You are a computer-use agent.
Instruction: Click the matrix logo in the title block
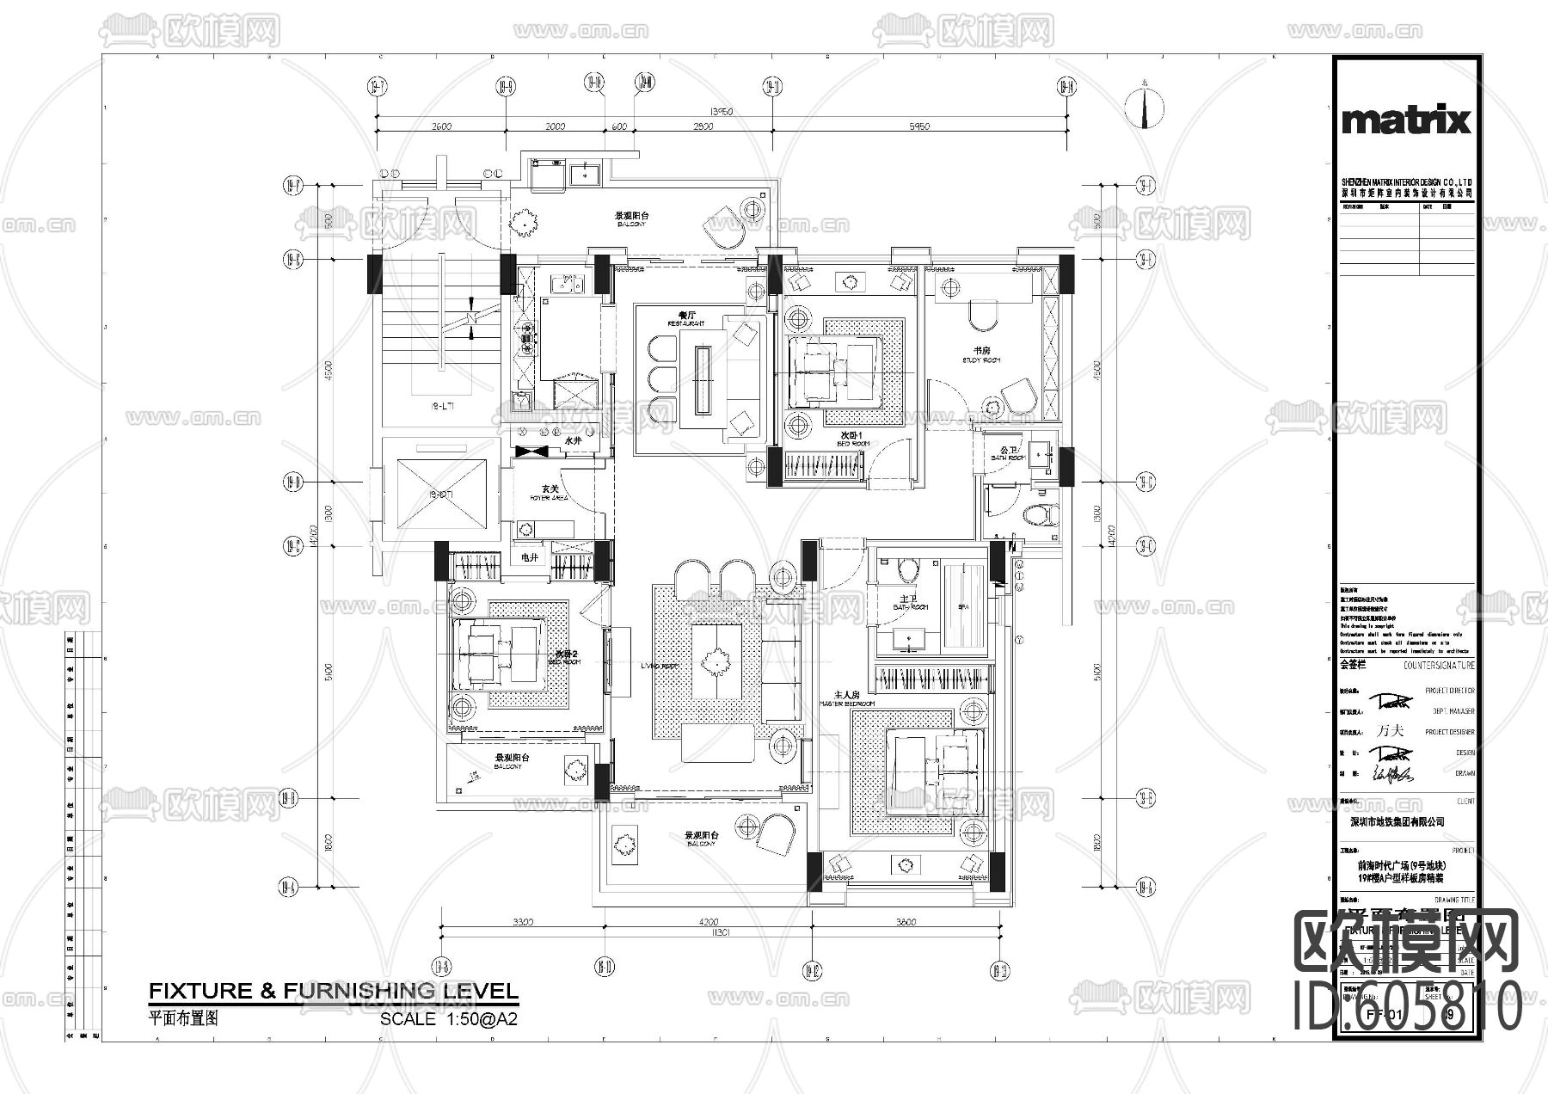[1406, 120]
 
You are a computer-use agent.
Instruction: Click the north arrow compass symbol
[1145, 107]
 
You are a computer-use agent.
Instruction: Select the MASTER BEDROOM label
[846, 698]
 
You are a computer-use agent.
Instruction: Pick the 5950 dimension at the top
[918, 127]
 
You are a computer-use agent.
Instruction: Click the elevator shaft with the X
[440, 495]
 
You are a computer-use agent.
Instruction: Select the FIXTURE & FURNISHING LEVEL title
[334, 991]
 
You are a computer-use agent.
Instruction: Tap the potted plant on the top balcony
[522, 223]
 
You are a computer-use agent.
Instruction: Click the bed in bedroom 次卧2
[490, 655]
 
